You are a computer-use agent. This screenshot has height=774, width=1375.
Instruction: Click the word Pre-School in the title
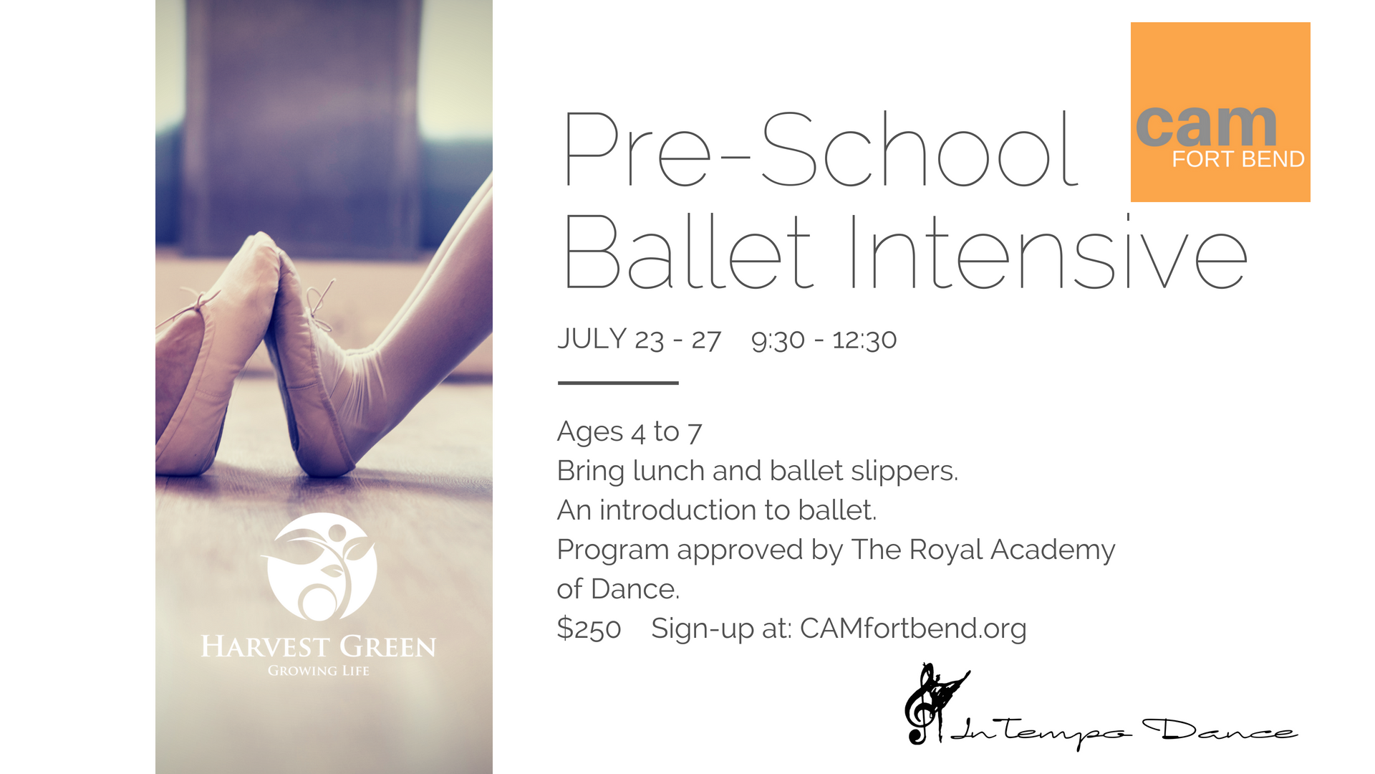coord(821,149)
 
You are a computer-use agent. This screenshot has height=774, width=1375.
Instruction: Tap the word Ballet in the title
coord(689,252)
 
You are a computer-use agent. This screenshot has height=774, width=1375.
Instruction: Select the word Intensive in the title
coord(1048,252)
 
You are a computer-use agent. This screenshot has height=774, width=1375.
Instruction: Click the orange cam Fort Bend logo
coord(1220,112)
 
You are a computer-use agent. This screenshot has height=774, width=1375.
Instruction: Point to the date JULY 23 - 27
coord(639,339)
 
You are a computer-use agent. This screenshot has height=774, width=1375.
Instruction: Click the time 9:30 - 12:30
coord(824,340)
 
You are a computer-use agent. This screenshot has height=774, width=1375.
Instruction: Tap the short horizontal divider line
coord(618,383)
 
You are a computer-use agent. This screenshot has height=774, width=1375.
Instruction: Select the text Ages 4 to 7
coord(629,432)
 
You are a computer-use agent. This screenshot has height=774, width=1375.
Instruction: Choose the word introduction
coord(677,510)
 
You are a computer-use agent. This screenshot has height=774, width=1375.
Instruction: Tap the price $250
coord(589,629)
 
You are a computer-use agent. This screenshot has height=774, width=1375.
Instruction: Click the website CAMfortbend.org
coord(913,629)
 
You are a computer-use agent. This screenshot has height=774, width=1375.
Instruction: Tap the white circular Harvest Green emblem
coord(319,566)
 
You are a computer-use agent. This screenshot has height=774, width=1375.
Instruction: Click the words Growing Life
coord(319,671)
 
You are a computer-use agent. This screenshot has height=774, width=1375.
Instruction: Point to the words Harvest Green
coord(319,646)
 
